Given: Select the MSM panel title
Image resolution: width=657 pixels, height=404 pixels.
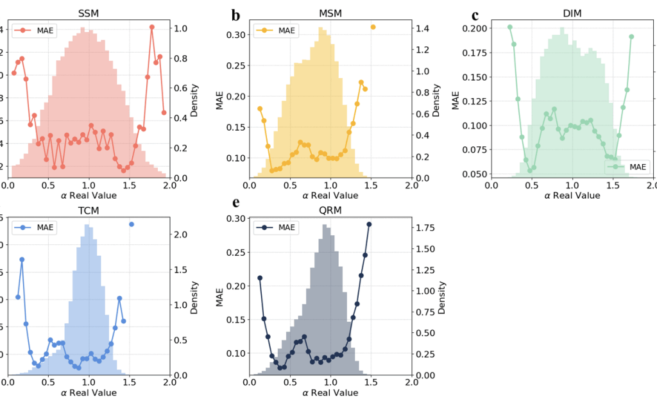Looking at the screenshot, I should pyautogui.click(x=330, y=13).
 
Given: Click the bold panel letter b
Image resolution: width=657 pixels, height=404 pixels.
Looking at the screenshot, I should pyautogui.click(x=236, y=15).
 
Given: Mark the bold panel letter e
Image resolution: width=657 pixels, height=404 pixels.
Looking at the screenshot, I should pyautogui.click(x=236, y=203).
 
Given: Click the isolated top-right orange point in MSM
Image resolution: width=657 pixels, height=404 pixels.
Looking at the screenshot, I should pyautogui.click(x=373, y=27).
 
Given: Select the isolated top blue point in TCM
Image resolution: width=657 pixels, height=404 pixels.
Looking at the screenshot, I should pyautogui.click(x=132, y=224).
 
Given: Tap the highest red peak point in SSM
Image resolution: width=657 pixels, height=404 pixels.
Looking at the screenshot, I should pyautogui.click(x=152, y=27).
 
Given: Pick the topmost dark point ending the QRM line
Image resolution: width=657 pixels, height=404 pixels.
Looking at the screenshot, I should pyautogui.click(x=369, y=224).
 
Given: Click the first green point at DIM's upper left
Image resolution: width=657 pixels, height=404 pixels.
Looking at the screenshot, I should pyautogui.click(x=510, y=27).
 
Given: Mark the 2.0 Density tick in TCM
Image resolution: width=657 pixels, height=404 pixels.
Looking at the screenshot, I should pyautogui.click(x=180, y=235).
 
